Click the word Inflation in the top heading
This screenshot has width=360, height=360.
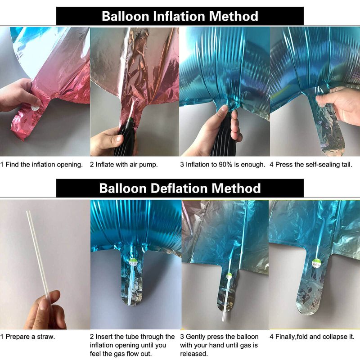pyautogui.click(x=179, y=16)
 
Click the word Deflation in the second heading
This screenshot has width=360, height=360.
pyautogui.click(x=179, y=188)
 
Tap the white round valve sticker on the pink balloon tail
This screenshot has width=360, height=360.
pyautogui.click(x=35, y=108)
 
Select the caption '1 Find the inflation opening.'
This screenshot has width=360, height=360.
pyautogui.click(x=41, y=165)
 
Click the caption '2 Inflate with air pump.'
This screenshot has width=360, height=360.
pyautogui.click(x=124, y=165)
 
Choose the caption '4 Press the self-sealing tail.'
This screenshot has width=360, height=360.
pyautogui.click(x=310, y=165)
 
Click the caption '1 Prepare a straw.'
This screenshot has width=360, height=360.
pyautogui.click(x=27, y=337)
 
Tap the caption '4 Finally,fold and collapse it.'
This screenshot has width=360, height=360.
pyautogui.click(x=312, y=337)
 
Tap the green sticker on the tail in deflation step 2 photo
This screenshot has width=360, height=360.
pyautogui.click(x=133, y=261)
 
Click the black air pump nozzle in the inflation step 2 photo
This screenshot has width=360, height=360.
pyautogui.click(x=127, y=138)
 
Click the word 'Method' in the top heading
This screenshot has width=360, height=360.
pyautogui.click(x=234, y=16)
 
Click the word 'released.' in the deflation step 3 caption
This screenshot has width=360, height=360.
pyautogui.click(x=194, y=354)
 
